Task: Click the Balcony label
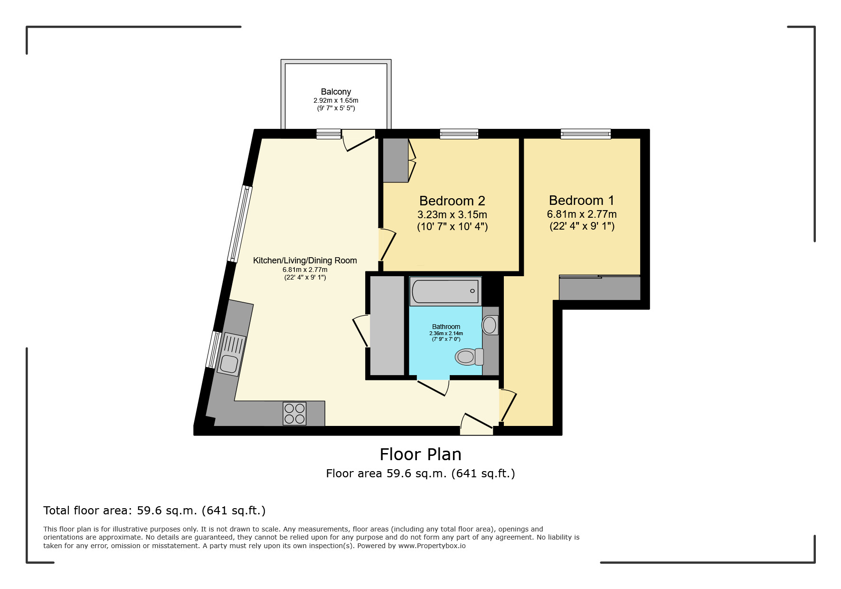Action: click(x=336, y=92)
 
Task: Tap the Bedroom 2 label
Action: click(x=452, y=201)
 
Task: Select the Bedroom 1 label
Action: click(x=582, y=200)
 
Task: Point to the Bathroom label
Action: click(x=446, y=327)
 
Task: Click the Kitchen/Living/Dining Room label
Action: click(x=305, y=261)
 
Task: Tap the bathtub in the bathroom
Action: click(x=445, y=291)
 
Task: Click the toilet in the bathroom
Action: click(x=469, y=357)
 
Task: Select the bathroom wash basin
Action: click(x=490, y=325)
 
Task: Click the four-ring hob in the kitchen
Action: click(x=294, y=414)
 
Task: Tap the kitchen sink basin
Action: click(x=229, y=364)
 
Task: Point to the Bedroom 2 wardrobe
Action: click(x=396, y=160)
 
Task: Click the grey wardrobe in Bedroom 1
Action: click(x=600, y=288)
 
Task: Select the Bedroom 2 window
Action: click(x=459, y=134)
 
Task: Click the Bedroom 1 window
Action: click(x=586, y=134)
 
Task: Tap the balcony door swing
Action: click(x=359, y=141)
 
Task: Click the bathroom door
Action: click(x=433, y=387)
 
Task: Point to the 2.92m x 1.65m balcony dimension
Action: click(x=336, y=101)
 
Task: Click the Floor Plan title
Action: click(x=421, y=454)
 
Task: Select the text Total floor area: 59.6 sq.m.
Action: click(x=120, y=511)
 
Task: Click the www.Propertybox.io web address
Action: click(x=432, y=546)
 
